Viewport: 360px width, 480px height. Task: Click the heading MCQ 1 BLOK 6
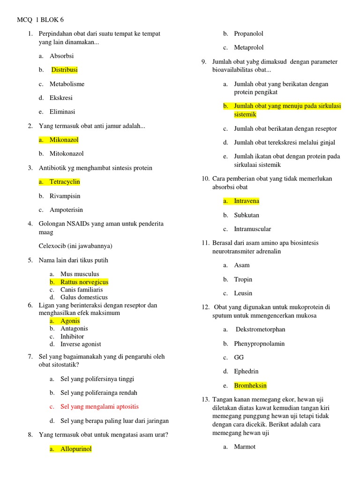tap(40, 20)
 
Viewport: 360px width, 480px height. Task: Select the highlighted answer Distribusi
tap(64, 70)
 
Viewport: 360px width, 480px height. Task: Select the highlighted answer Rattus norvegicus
tap(84, 282)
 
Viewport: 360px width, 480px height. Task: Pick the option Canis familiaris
tap(82, 290)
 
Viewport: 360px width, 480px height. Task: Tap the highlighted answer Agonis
tap(70, 321)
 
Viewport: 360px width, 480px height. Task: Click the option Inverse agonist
tap(81, 344)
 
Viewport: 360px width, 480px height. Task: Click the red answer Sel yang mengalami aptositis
tap(99, 407)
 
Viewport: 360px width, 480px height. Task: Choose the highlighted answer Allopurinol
tap(76, 449)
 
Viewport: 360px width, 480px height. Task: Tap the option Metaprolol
tap(249, 47)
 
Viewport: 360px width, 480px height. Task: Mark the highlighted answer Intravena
tap(247, 201)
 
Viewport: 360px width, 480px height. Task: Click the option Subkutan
tap(247, 215)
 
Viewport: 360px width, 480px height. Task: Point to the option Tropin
tap(243, 279)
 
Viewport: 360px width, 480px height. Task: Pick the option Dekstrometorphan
tap(260, 330)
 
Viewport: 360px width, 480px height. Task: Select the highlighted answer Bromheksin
tap(250, 386)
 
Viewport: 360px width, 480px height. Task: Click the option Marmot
tap(245, 447)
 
